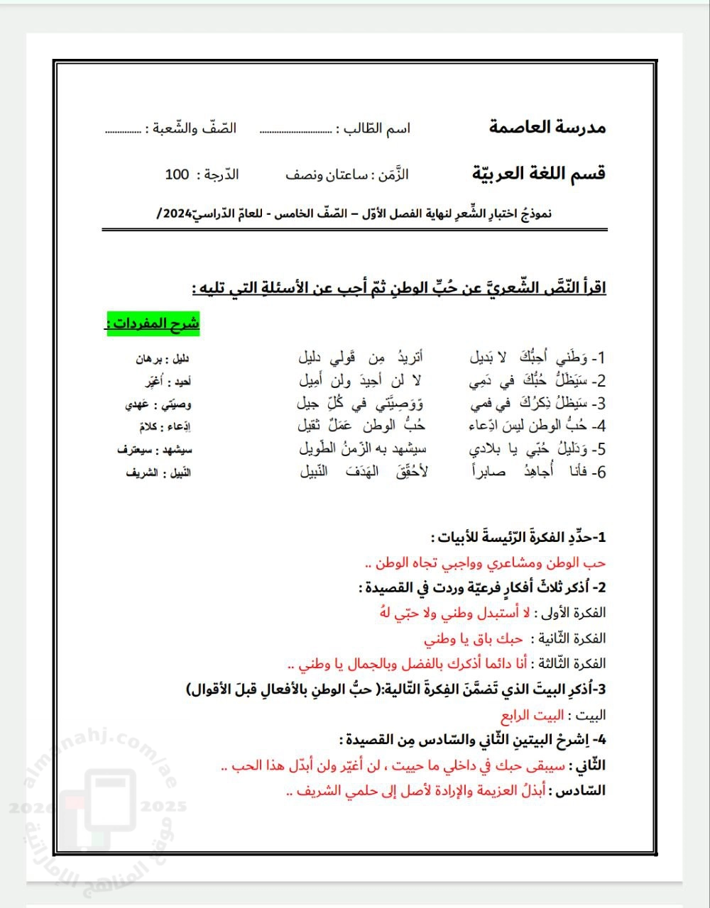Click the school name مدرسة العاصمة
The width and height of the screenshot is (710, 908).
(547, 128)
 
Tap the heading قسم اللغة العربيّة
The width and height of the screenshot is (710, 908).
(538, 174)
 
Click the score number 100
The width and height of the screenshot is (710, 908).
(177, 175)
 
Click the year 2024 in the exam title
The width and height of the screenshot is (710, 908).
(176, 214)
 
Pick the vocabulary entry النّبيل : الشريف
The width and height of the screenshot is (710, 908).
(158, 472)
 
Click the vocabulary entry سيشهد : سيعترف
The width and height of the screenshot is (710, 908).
(155, 450)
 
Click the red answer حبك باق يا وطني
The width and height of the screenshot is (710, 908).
(474, 638)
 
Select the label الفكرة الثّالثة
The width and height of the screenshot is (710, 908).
(570, 664)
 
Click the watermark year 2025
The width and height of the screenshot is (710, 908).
(164, 807)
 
